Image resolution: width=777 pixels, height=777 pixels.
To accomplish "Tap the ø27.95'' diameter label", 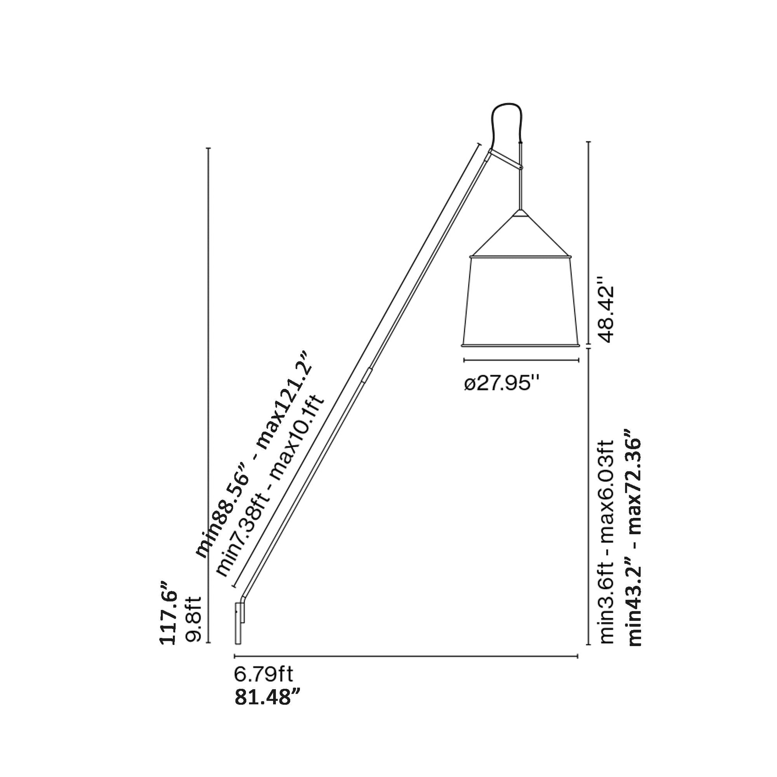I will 501,384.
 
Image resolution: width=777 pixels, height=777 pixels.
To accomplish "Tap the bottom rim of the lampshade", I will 521,345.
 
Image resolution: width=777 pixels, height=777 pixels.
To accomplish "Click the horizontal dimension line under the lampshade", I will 521,360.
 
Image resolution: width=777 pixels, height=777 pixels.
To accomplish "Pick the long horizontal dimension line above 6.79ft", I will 406,657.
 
